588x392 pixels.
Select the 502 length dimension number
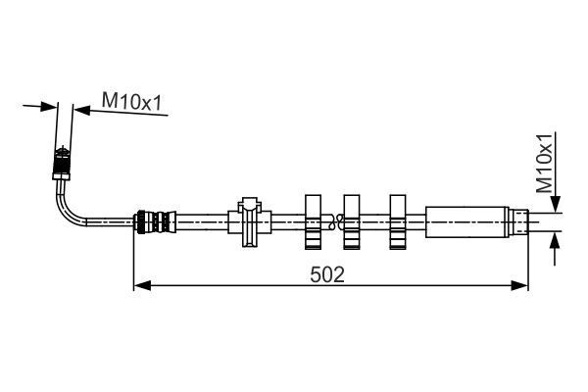tap(328, 275)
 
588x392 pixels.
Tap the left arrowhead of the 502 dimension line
tap(139, 286)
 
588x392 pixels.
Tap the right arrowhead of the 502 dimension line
tap(521, 286)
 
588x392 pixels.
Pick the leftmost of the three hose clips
tap(315, 221)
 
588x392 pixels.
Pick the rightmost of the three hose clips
tap(398, 221)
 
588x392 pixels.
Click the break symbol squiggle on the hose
tap(334, 221)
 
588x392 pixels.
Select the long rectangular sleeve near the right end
tap(465, 220)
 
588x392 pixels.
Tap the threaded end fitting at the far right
tap(517, 220)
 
